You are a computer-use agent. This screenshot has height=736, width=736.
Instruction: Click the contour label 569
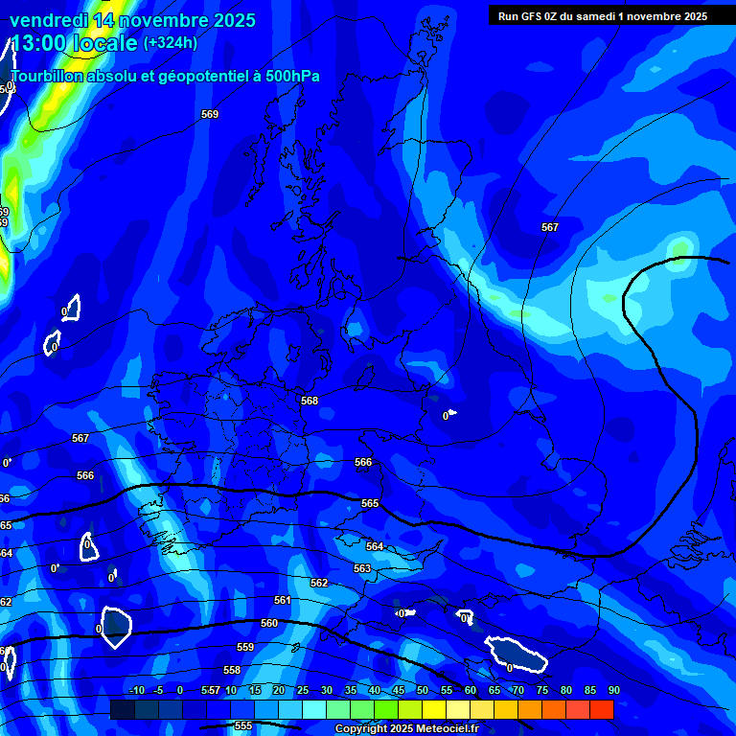coord(210,114)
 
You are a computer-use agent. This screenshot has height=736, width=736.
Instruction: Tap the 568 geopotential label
coord(310,402)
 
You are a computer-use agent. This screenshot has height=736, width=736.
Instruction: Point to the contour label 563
coord(362,568)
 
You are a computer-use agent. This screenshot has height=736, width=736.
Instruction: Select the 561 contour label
coord(283,600)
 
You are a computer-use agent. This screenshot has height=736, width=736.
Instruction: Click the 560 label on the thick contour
coord(269,623)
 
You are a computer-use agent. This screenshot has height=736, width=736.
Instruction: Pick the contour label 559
coord(245,648)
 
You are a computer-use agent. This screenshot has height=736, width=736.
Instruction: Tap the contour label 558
coord(232,670)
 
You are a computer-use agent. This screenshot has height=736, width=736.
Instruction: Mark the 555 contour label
coord(243,725)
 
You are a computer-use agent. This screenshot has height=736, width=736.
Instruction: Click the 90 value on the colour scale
coord(613,690)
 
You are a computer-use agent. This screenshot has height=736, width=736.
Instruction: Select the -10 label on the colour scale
coord(136,690)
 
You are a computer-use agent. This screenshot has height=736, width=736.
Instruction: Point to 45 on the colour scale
coord(398,690)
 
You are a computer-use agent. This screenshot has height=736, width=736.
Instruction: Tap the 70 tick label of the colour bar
coord(517,690)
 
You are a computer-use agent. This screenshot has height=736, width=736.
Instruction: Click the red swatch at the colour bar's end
coord(602,709)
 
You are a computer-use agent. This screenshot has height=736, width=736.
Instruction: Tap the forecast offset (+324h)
coord(171,43)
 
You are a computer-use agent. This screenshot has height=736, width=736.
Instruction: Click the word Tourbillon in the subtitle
coord(47,77)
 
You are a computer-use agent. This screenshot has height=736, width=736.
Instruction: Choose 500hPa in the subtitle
coord(288,77)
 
